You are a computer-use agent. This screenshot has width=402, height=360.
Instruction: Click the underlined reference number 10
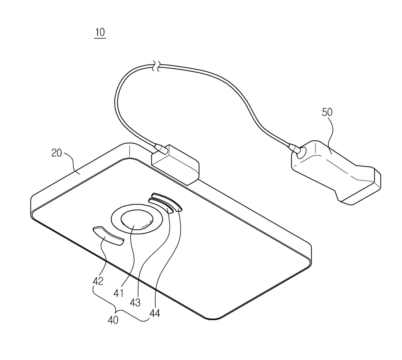pyautogui.click(x=100, y=32)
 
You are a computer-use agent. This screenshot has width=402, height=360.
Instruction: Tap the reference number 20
pyautogui.click(x=57, y=153)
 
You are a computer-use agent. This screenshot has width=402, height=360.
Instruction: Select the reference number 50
pyautogui.click(x=327, y=112)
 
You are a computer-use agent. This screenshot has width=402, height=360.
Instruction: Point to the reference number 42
pyautogui.click(x=98, y=281)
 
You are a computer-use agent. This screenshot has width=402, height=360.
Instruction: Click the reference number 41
pyautogui.click(x=118, y=293)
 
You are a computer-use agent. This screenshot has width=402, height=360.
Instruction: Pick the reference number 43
pyautogui.click(x=135, y=303)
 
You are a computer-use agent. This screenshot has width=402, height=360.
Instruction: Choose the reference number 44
pyautogui.click(x=155, y=313)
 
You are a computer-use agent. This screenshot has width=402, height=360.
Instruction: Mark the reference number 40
pyautogui.click(x=113, y=320)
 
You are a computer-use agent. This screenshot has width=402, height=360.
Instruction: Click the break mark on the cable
pyautogui.click(x=157, y=66)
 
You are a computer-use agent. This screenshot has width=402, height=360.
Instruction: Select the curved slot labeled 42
pyautogui.click(x=108, y=236)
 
